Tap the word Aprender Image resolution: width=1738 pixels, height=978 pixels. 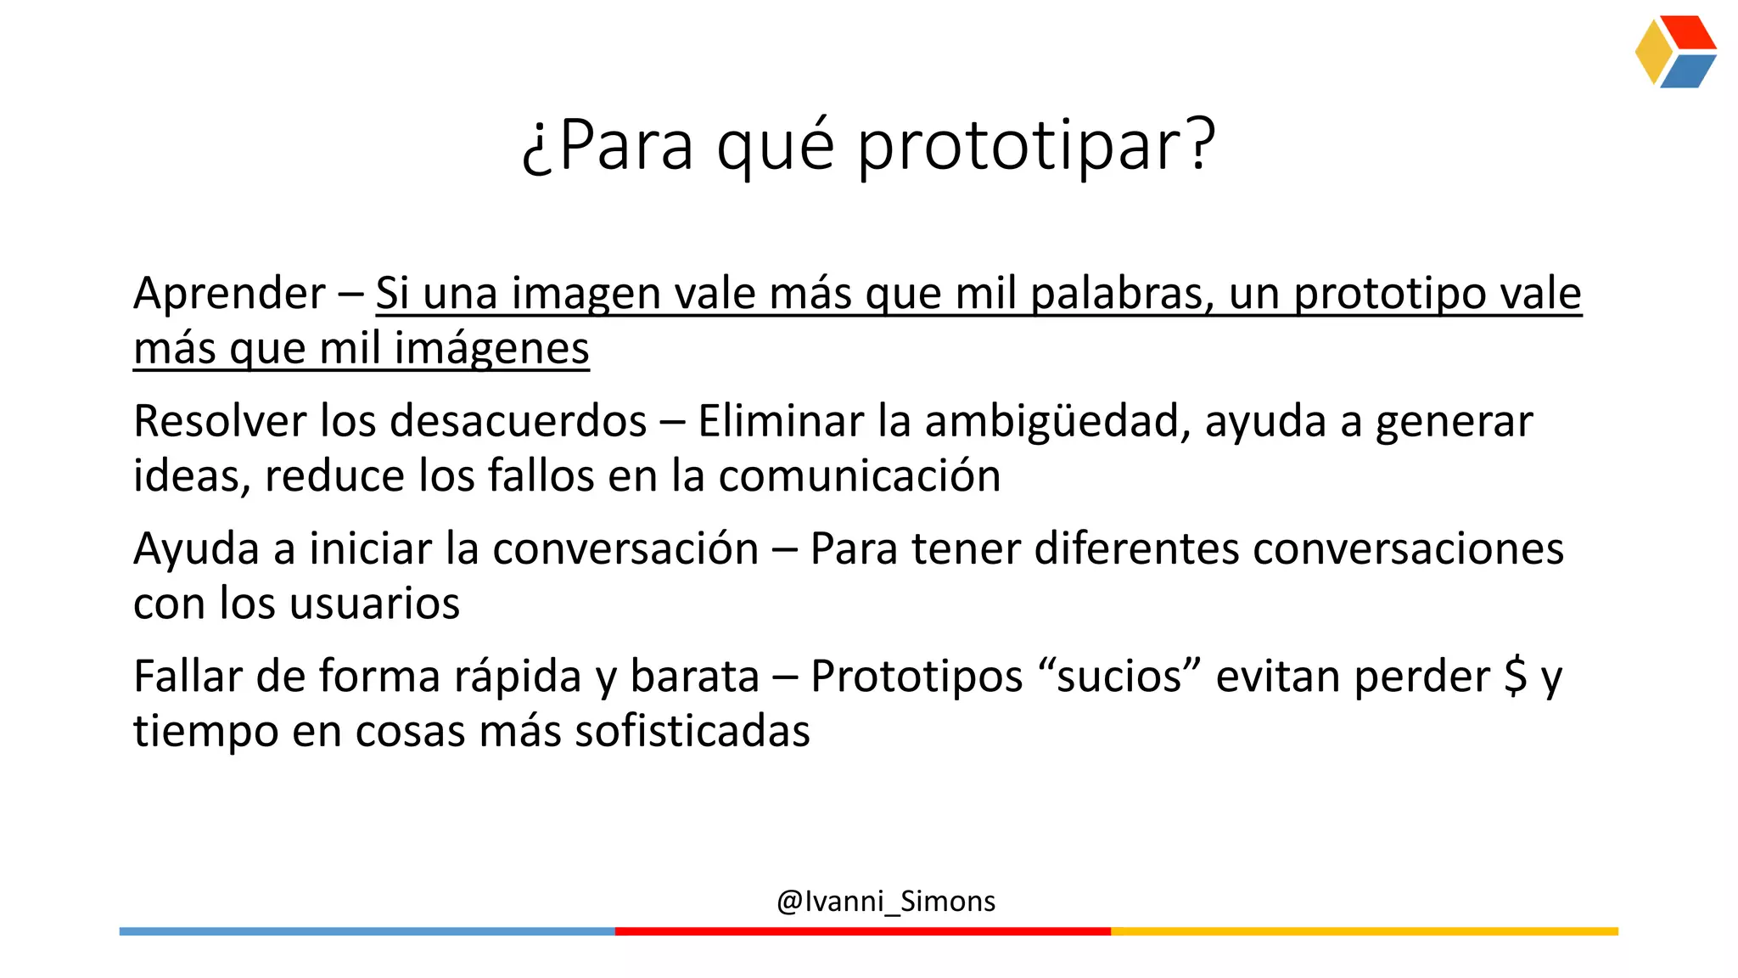coord(229,294)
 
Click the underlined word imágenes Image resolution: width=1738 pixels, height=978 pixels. coord(491,349)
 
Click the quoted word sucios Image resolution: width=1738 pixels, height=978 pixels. coord(1119,677)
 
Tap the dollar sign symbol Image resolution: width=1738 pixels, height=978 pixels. coord(1515,677)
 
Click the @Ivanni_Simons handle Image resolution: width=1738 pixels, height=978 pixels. coord(886,901)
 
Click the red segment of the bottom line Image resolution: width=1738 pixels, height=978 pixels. coord(862,931)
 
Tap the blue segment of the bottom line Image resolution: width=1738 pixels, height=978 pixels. coord(367,931)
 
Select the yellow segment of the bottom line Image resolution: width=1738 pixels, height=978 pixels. coord(1364,931)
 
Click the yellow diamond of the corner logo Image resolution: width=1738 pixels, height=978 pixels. coord(1652,52)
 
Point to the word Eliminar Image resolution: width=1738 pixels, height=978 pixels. coord(781,421)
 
